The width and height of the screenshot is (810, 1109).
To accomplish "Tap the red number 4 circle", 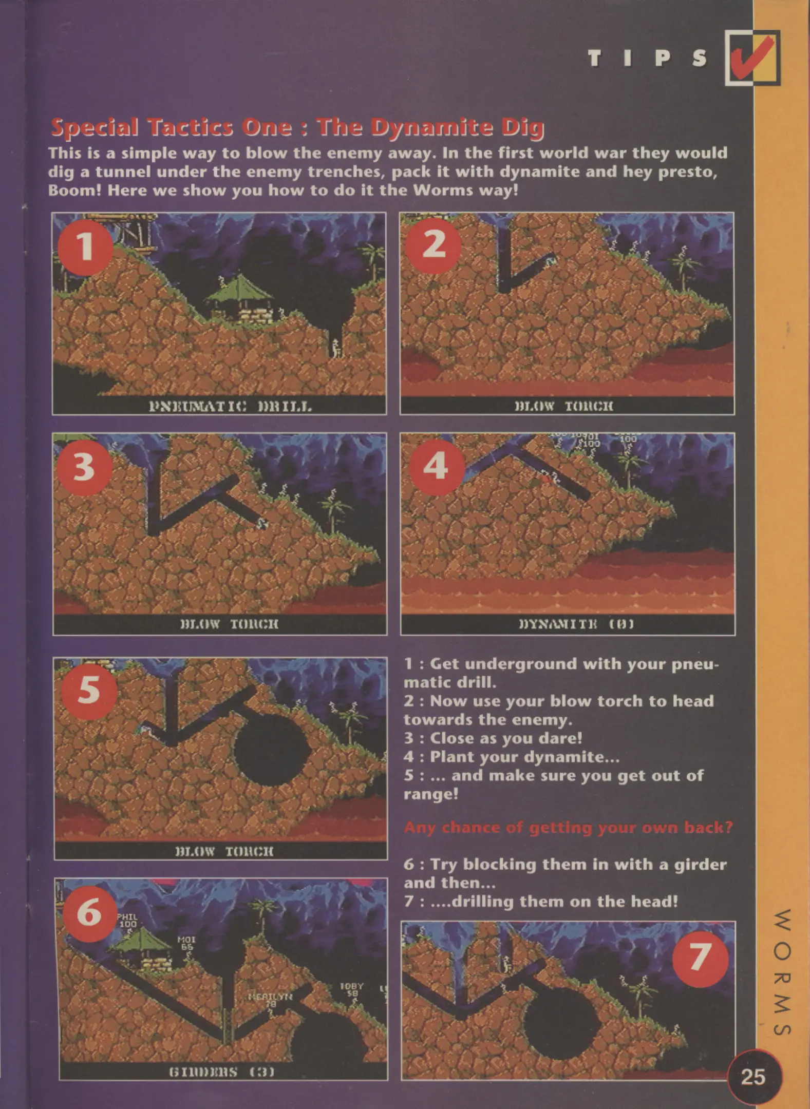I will point(436,467).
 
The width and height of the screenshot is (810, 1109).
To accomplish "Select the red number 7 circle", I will point(700,959).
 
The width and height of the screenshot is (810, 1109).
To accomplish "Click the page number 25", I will point(753,1076).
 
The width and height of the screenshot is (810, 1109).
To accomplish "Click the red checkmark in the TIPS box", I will point(751,58).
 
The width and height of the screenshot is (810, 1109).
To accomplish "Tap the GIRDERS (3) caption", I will point(221,1072).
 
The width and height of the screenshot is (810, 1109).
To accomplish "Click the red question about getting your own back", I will point(568,828).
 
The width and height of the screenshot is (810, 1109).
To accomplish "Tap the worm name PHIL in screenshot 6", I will point(127,916).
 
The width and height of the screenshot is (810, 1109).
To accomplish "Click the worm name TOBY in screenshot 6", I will point(351,986).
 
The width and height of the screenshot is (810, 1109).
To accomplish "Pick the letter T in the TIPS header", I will point(594,59).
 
